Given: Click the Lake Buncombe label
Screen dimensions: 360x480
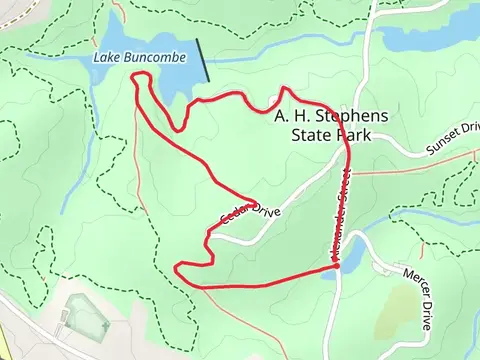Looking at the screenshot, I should (140, 58).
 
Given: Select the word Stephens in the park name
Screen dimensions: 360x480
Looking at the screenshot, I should (346, 116).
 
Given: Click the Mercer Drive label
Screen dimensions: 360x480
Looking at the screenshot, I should (417, 297).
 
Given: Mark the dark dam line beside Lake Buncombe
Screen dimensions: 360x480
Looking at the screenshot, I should (203, 61).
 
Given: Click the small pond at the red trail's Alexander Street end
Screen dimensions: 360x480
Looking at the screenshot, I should (329, 272).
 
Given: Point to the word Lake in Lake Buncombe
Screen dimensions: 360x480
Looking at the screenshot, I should (106, 58).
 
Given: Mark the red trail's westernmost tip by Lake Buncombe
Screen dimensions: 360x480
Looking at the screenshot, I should (134, 78).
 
